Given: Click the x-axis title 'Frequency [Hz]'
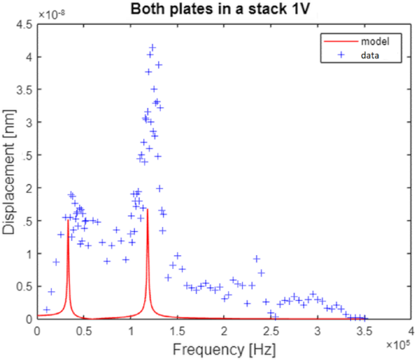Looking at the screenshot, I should click(x=224, y=349).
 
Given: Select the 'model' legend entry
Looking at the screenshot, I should click(x=375, y=41).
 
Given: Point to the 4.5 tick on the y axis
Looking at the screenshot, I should click(x=25, y=25).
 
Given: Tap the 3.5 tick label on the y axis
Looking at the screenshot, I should click(x=25, y=90).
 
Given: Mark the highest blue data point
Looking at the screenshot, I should click(x=153, y=48).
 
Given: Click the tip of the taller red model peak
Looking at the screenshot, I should click(x=147, y=210).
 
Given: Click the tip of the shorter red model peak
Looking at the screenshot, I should click(x=68, y=220).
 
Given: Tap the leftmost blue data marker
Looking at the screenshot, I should click(x=47, y=310).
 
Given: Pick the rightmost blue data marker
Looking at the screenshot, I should click(x=365, y=318).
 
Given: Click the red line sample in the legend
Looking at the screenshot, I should click(x=341, y=41).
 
